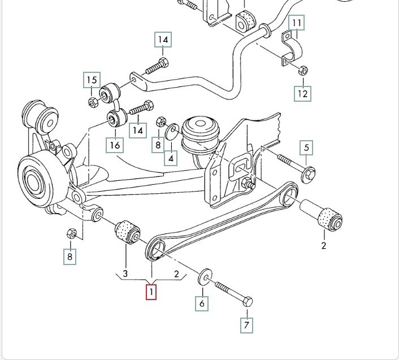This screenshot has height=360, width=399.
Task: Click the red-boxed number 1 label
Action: [x=151, y=292]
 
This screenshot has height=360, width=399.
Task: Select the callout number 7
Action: [x=246, y=325]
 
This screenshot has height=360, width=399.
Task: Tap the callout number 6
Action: [x=202, y=303]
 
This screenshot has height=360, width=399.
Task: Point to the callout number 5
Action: [x=307, y=148]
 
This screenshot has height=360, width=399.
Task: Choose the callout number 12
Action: [x=303, y=93]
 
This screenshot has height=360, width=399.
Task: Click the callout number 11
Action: [x=297, y=23]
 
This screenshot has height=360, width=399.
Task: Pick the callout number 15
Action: [x=92, y=80]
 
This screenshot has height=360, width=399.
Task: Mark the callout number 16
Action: [x=115, y=145]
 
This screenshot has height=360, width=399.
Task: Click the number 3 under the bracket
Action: [x=125, y=274]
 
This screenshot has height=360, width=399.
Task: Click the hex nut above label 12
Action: [x=302, y=71]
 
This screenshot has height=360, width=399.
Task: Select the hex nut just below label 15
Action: [x=93, y=102]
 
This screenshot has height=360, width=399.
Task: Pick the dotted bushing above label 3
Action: [x=127, y=232]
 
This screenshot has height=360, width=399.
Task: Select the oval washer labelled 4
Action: [x=173, y=132]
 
